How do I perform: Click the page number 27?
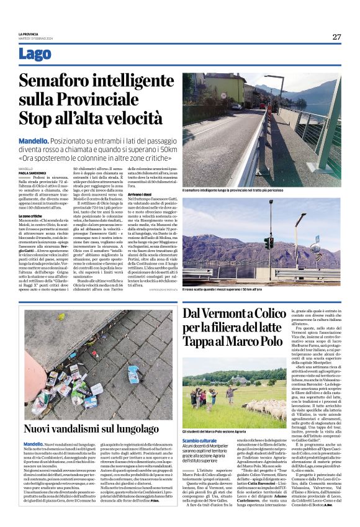(x=336, y=37)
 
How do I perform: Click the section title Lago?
(x=35, y=54)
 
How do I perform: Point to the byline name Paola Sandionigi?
(x=32, y=173)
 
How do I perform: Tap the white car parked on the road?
(x=236, y=106)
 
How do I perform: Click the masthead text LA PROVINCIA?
(x=29, y=34)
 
